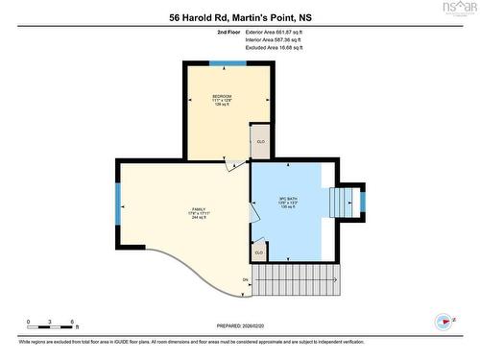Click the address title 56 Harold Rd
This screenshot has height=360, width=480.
point(240,16)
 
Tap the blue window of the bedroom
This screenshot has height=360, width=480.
point(228,63)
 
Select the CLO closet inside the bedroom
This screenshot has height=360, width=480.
point(260,142)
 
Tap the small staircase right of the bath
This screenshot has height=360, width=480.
point(344,203)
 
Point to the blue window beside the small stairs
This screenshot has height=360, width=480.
point(362,202)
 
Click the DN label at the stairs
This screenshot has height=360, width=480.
point(246,280)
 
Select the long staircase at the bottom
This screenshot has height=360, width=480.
point(297,280)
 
